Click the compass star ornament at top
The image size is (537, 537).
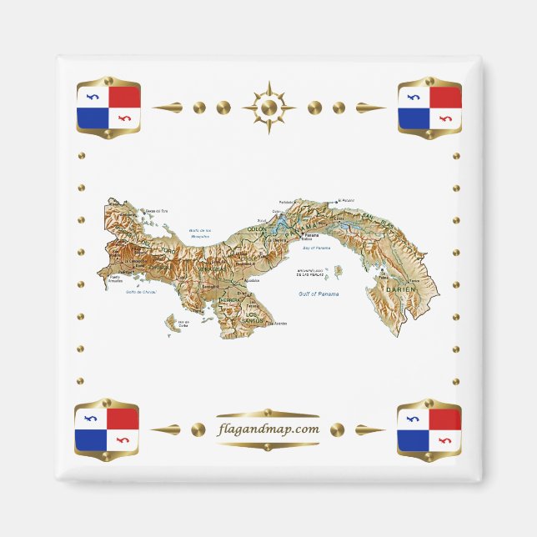pyautogui.click(x=268, y=108)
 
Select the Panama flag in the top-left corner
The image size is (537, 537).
pyautogui.click(x=108, y=108)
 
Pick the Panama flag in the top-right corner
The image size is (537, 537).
pyautogui.click(x=429, y=108)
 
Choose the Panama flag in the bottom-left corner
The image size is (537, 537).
pyautogui.click(x=107, y=429)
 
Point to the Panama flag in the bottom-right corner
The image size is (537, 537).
pyautogui.click(x=429, y=429)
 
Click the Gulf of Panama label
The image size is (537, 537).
pyautogui.click(x=316, y=294)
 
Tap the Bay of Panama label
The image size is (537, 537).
pyautogui.click(x=317, y=248)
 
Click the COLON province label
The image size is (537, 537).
pyautogui.click(x=255, y=230)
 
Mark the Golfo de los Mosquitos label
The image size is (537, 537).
pyautogui.click(x=200, y=233)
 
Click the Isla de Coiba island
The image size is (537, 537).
pyautogui.click(x=175, y=320)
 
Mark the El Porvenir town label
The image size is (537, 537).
pyautogui.click(x=345, y=201)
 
